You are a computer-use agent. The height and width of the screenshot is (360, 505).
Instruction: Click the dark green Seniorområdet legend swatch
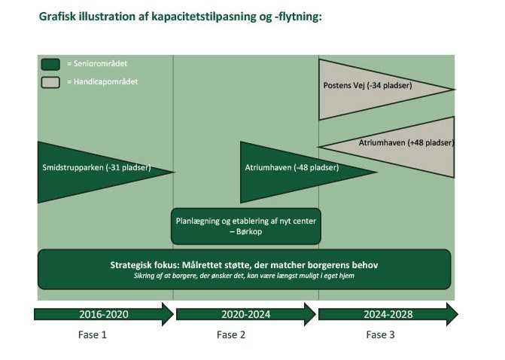coord(50,64)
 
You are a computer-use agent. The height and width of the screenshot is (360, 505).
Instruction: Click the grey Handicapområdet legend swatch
coord(50,81)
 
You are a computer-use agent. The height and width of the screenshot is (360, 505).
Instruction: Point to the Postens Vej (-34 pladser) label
coord(367,85)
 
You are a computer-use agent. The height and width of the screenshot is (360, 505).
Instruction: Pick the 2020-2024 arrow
coord(245,314)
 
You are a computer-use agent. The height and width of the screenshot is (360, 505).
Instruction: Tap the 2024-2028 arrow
coord(388,314)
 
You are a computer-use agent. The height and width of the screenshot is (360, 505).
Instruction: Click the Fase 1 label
coord(93,335)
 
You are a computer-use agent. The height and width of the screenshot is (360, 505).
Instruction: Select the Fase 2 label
coord(231,335)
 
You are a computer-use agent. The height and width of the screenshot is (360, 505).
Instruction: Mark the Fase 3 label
coord(381,335)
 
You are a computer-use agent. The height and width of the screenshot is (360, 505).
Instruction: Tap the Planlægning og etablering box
coord(246,226)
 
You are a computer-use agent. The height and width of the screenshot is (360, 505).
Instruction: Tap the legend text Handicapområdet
coord(96,81)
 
